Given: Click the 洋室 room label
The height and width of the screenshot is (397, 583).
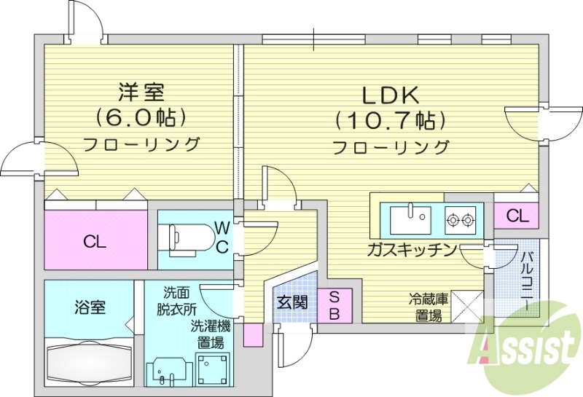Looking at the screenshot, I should (x=142, y=93).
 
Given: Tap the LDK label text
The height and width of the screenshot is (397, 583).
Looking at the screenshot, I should (x=390, y=94).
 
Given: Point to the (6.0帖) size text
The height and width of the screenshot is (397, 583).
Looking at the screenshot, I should (x=142, y=117).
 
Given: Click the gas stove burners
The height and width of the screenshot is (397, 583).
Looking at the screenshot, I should (x=461, y=217).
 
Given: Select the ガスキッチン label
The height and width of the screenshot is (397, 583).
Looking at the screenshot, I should (x=412, y=251).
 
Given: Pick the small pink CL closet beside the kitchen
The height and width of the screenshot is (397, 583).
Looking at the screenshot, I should (x=517, y=216).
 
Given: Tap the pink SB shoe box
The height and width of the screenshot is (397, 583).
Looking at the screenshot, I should (x=333, y=305).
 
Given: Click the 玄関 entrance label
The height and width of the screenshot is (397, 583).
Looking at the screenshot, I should (x=291, y=301).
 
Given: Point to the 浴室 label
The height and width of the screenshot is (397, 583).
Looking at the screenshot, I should (x=90, y=307).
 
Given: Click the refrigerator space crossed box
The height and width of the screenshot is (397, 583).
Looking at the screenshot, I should (x=467, y=306).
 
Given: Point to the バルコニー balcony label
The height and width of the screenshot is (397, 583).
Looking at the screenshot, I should (x=527, y=280).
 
